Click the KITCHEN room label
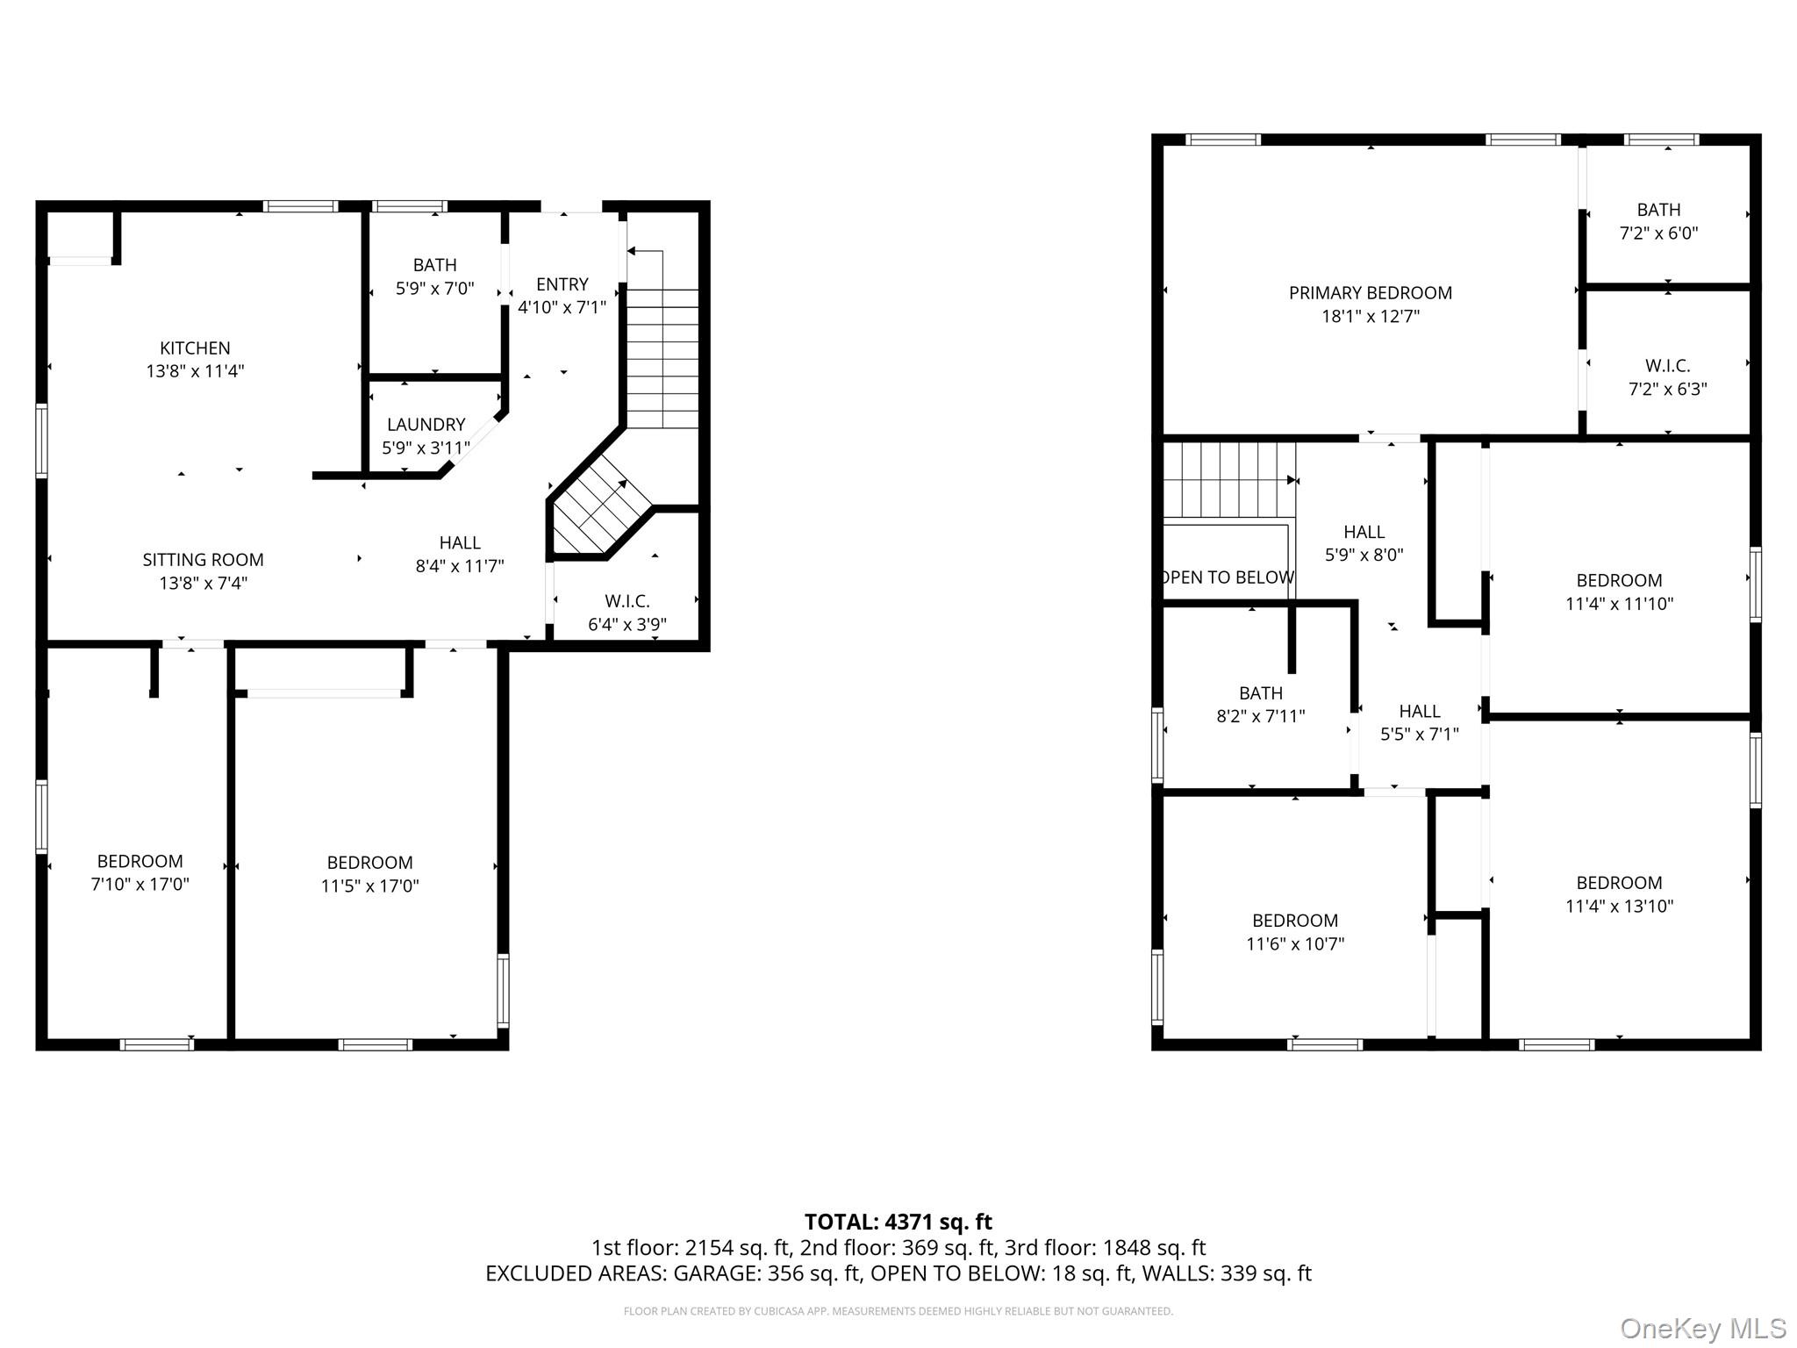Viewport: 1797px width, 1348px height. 195,348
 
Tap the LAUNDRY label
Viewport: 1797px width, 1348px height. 426,425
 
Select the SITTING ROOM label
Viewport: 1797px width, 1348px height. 203,560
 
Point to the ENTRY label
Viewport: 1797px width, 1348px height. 562,284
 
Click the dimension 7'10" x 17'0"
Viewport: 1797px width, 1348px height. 140,885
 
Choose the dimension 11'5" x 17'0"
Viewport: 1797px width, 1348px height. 369,886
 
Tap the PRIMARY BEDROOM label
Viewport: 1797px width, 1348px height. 1370,293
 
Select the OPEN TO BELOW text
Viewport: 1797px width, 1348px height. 1227,577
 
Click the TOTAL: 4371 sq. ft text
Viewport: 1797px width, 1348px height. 898,1222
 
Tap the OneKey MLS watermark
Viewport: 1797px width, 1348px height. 1702,1329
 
